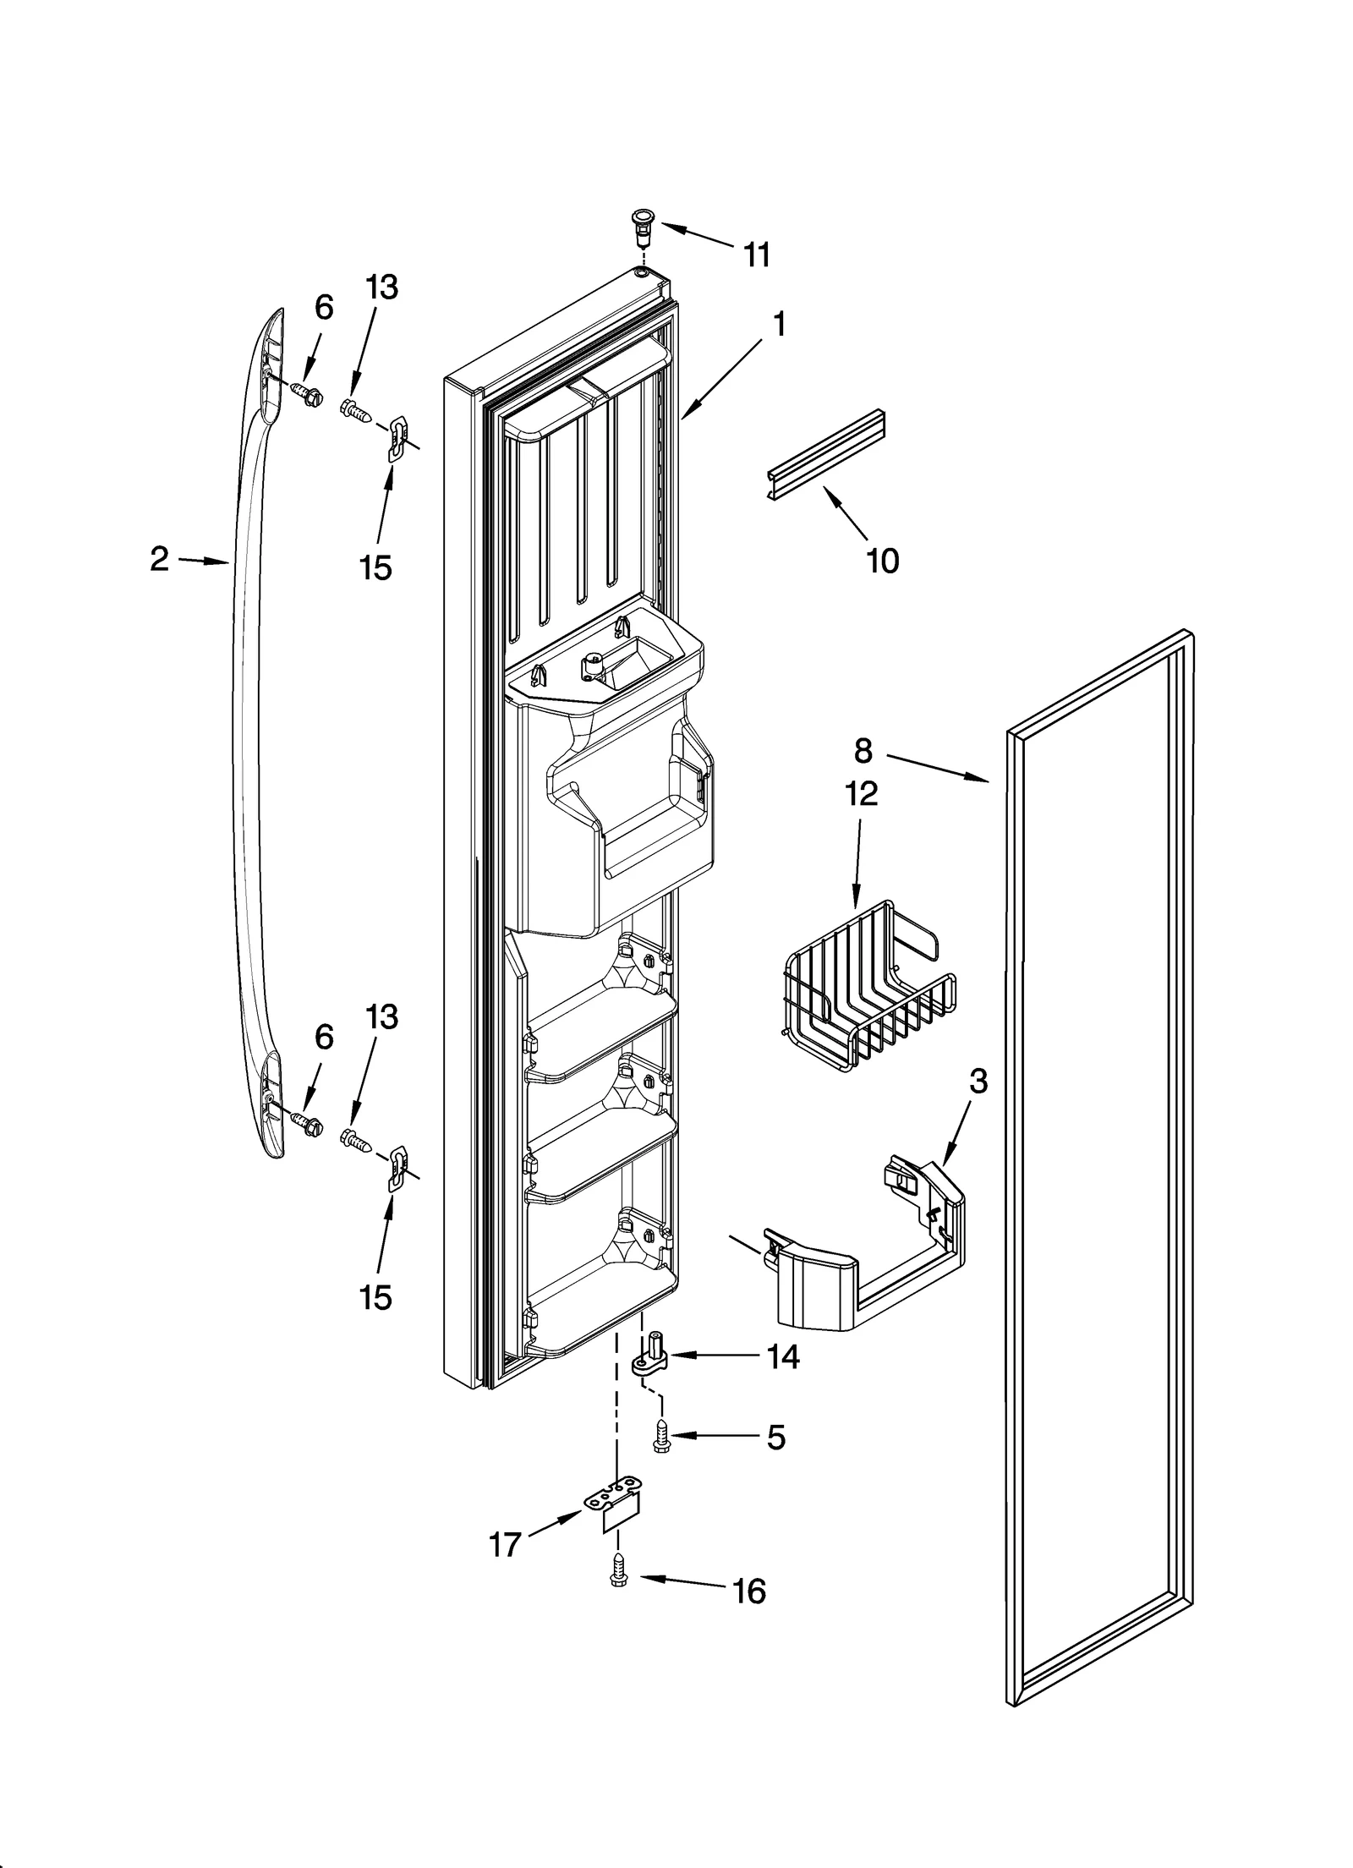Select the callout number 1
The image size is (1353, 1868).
coord(779,324)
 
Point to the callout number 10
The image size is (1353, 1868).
coord(883,560)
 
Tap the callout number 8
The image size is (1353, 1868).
coord(862,749)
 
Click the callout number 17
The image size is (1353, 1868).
coord(505,1545)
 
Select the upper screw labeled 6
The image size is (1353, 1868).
coord(305,393)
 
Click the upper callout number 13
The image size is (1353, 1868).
coord(381,287)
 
